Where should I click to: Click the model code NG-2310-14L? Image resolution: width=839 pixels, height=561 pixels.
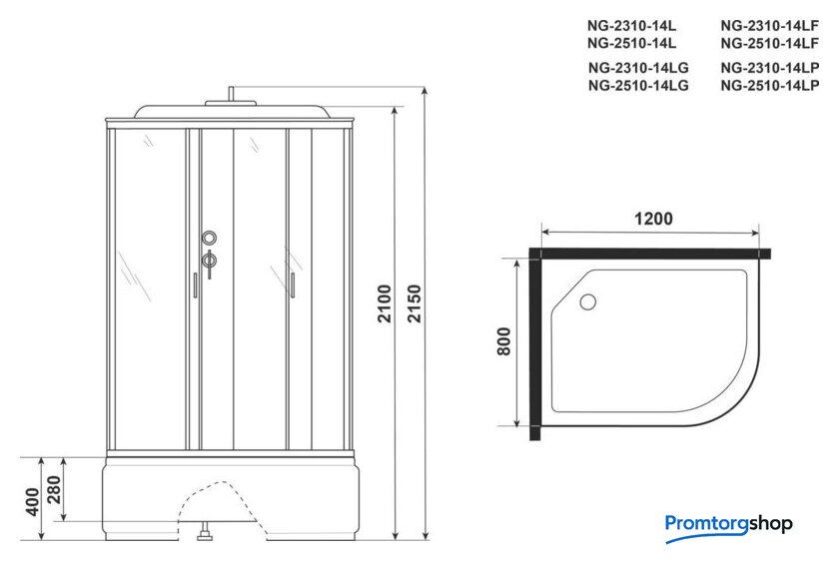(x=631, y=26)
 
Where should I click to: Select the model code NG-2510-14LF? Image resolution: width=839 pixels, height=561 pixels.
(x=769, y=43)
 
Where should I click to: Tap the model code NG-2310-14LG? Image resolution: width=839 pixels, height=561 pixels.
(x=638, y=68)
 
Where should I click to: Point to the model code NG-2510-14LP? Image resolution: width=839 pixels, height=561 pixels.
(x=769, y=85)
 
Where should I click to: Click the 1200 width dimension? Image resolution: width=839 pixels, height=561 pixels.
(x=653, y=219)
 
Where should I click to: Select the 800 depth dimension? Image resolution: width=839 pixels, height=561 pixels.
(x=504, y=341)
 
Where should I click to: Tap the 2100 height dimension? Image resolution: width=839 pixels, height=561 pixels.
(x=385, y=303)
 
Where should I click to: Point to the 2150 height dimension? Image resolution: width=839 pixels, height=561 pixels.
(x=415, y=303)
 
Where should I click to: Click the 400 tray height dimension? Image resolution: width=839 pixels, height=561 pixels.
(x=33, y=502)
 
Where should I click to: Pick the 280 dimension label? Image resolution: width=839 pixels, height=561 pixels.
(x=54, y=489)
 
